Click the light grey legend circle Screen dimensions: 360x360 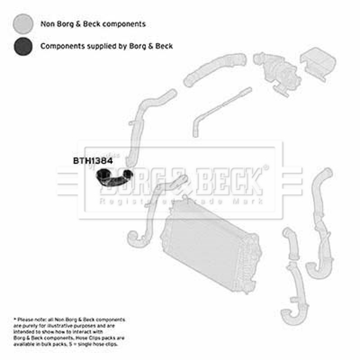pos(23,23)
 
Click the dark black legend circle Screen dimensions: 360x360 pos(23,46)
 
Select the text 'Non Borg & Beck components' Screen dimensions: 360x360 pos(93,24)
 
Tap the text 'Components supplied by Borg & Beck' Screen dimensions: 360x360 pos(106,46)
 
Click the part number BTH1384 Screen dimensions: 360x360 pos(93,160)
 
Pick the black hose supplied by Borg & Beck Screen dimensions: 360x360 pos(115,178)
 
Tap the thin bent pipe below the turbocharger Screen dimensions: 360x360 pos(216,110)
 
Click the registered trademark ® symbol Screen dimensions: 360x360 pos(265,167)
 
